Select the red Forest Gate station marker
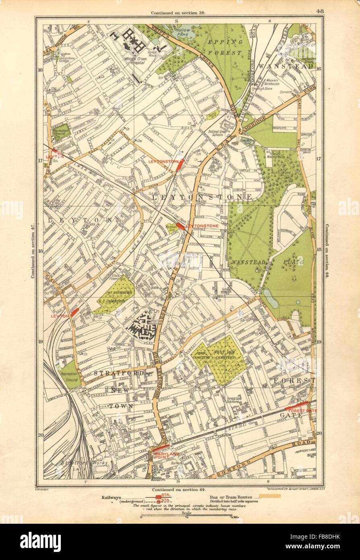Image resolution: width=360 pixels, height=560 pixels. coord(296,404)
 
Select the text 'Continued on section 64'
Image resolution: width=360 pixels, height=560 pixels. coord(178,489)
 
